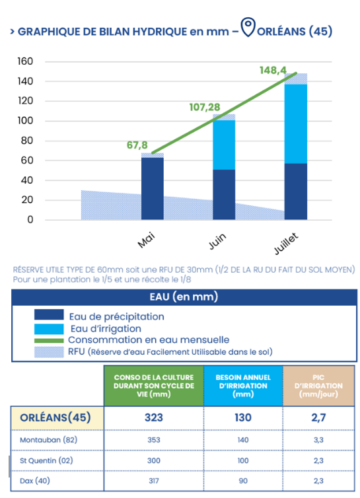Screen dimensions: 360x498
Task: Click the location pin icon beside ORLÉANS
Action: pos(248,26)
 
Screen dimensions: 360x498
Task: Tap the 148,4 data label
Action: pos(273,70)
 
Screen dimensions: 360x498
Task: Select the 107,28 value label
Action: pos(205,107)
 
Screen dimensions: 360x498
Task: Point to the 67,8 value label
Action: pos(137,145)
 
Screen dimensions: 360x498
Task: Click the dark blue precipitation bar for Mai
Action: pos(153,189)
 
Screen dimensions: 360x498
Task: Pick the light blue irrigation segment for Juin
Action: pos(224,145)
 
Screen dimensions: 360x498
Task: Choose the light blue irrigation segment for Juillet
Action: pos(296,124)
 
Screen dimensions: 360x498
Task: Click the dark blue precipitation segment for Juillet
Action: pos(296,192)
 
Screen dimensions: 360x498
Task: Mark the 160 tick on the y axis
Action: pos(25,61)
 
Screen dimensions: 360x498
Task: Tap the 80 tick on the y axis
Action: pos(27,141)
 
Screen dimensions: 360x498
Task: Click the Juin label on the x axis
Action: pos(217,241)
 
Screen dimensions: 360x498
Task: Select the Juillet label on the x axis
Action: pos(286,244)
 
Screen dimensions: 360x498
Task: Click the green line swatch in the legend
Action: pos(49,340)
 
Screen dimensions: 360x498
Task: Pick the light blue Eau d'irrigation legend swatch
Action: pos(49,329)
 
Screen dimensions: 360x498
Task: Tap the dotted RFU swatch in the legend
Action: pos(49,352)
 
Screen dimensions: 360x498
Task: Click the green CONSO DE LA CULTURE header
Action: pos(154,386)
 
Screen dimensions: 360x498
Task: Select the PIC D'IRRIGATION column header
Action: pos(318,386)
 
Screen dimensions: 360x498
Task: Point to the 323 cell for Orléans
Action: pos(154,417)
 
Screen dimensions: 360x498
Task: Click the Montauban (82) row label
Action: pos(49,440)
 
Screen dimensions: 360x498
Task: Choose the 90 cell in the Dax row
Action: pos(243,481)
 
